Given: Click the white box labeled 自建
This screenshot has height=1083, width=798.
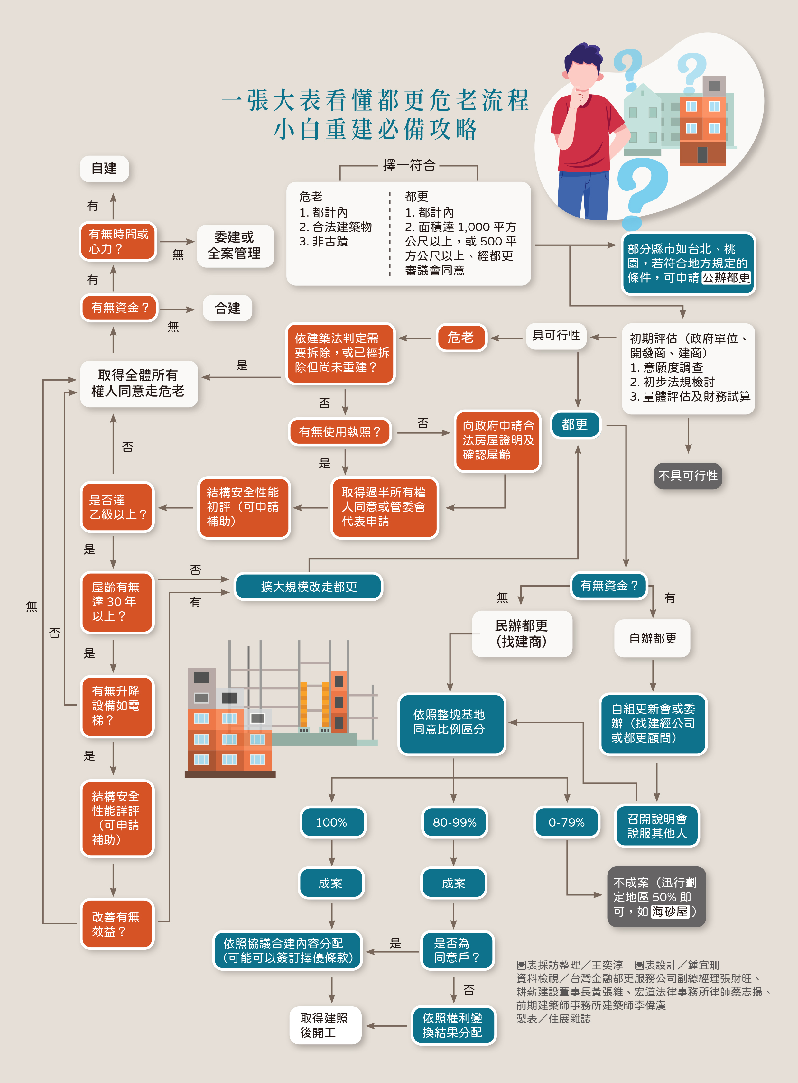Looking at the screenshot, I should [x=104, y=169].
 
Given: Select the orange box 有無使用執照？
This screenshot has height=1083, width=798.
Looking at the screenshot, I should [x=339, y=431].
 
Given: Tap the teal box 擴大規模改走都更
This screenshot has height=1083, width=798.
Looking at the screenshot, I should [x=309, y=587].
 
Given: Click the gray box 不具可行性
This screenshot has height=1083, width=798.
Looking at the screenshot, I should [x=688, y=476].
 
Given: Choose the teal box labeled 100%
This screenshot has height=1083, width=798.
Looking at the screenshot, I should [x=332, y=822].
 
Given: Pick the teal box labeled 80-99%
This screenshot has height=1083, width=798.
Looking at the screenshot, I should [x=454, y=822].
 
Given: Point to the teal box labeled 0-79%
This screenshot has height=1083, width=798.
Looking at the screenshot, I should [x=567, y=822].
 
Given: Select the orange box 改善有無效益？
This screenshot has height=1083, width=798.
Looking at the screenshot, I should [x=116, y=924].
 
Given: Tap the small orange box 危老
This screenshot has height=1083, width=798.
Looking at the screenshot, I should [x=461, y=337].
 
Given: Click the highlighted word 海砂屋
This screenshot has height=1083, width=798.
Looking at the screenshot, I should [x=670, y=912].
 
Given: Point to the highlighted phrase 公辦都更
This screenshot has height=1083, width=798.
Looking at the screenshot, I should [x=726, y=278].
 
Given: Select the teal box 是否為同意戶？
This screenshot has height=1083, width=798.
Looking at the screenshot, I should [x=457, y=950].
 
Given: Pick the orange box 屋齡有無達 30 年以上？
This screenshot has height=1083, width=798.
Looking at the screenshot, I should [x=116, y=602].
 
